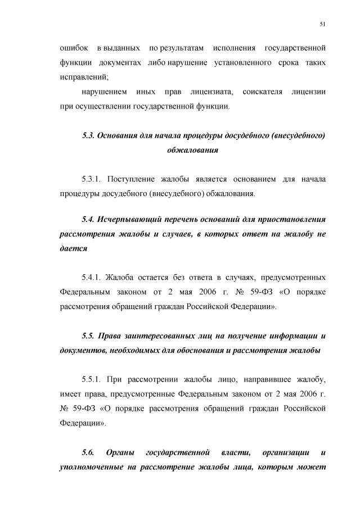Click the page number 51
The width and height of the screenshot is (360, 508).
tap(322, 23)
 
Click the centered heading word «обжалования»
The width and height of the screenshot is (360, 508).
tap(192, 151)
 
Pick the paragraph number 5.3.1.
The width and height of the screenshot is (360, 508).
tap(91, 179)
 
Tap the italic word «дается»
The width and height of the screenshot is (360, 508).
tap(73, 248)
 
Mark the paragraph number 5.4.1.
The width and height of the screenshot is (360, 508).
tap(91, 277)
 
